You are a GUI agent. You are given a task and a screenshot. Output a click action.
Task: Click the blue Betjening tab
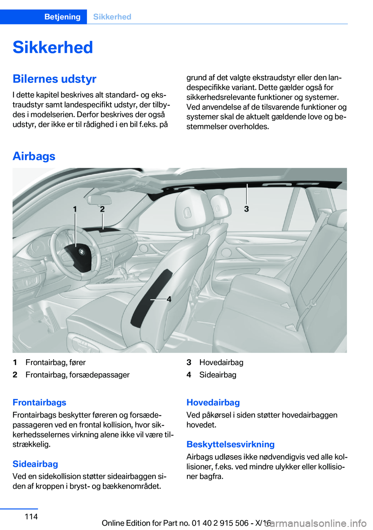pyautogui.click(x=62, y=17)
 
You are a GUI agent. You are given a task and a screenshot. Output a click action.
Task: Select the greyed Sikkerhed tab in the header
pyautogui.click(x=112, y=17)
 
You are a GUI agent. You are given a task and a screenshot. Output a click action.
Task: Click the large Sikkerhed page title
pyautogui.click(x=53, y=47)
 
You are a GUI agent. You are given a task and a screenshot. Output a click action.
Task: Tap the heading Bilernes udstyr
pyautogui.click(x=54, y=79)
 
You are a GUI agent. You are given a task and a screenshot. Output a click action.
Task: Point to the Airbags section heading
pyautogui.click(x=34, y=156)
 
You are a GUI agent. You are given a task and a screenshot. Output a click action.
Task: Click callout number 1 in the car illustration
pyautogui.click(x=75, y=209)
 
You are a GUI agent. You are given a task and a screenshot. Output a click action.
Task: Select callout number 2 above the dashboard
pyautogui.click(x=102, y=209)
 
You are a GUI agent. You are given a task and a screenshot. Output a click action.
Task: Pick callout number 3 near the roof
pyautogui.click(x=246, y=209)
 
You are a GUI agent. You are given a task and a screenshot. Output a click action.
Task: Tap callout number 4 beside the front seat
pyautogui.click(x=169, y=299)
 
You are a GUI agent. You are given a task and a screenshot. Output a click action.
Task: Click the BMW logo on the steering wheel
pyautogui.click(x=82, y=252)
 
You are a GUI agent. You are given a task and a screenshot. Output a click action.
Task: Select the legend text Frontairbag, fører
pyautogui.click(x=56, y=362)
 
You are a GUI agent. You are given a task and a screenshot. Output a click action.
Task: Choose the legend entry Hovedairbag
pyautogui.click(x=221, y=362)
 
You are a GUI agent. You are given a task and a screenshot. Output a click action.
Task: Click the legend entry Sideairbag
pyautogui.click(x=218, y=375)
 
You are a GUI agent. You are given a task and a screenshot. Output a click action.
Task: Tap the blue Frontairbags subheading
pyautogui.click(x=39, y=402)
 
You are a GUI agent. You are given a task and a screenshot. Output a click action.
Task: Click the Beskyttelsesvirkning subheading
pyautogui.click(x=230, y=444)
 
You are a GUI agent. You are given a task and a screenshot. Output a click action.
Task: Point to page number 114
pyautogui.click(x=31, y=516)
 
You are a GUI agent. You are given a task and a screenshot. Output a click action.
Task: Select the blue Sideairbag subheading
pyautogui.click(x=35, y=464)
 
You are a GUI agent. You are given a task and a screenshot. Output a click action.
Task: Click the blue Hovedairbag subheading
pyautogui.click(x=213, y=402)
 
